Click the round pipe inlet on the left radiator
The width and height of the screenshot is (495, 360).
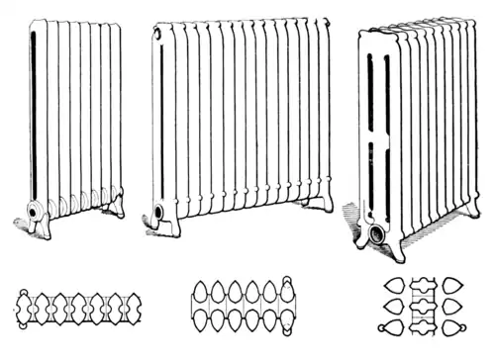click(39, 210)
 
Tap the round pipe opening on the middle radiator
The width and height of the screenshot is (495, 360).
click(157, 212)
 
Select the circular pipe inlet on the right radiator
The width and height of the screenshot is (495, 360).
click(376, 234)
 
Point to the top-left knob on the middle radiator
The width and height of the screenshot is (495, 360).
click(156, 34)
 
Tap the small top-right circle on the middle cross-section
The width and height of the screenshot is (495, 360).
click(289, 281)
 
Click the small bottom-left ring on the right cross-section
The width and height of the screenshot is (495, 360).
click(383, 327)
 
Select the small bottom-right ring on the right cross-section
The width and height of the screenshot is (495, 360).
click(460, 327)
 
